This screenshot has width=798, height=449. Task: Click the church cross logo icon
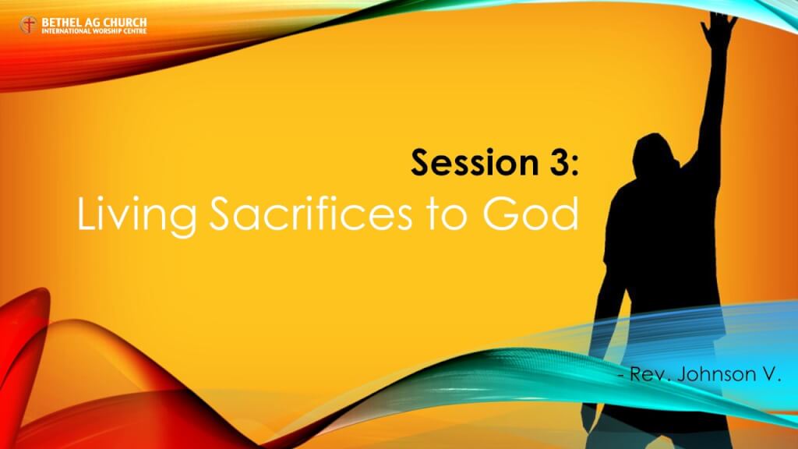(x=28, y=26)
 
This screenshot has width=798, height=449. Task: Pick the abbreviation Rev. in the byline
(x=641, y=377)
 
